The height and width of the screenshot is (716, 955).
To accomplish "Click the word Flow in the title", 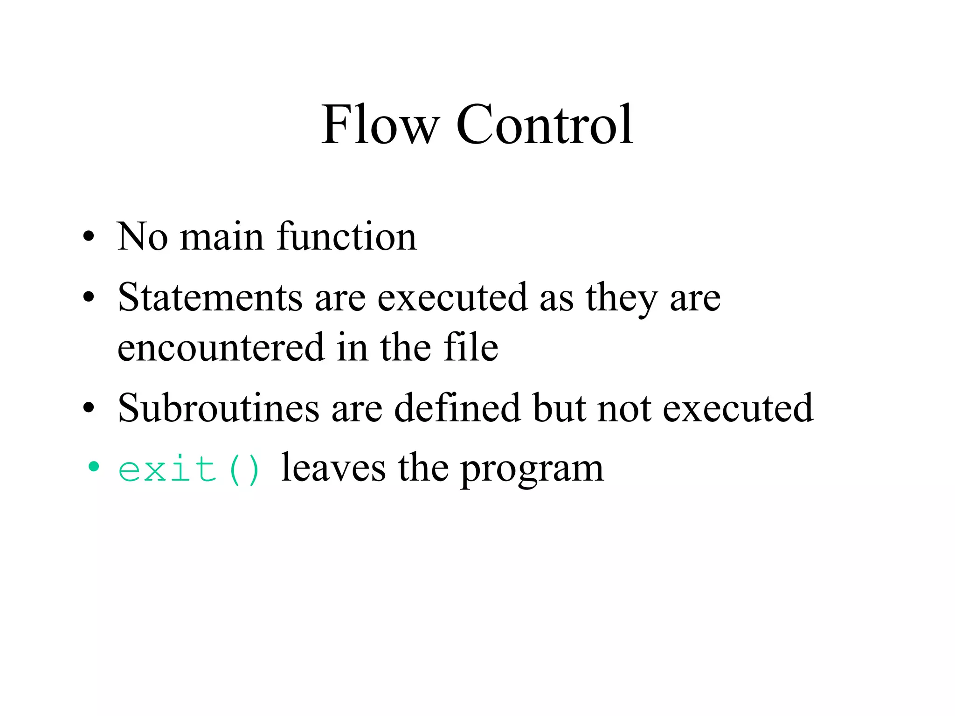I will click(x=380, y=124).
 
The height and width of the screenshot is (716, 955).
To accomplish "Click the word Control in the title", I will click(x=544, y=124).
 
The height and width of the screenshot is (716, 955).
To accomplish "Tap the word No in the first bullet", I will click(x=142, y=237).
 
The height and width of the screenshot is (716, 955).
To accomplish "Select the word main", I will click(x=222, y=237).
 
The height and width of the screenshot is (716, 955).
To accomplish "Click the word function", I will click(x=346, y=237).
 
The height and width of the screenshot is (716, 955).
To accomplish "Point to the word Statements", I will click(x=210, y=298).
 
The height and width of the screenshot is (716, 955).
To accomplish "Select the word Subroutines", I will click(x=218, y=408).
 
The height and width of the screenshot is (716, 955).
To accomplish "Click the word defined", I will click(x=457, y=408).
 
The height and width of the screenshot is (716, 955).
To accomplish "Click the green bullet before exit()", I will click(x=94, y=466).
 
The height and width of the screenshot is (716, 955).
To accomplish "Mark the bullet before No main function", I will click(x=89, y=237).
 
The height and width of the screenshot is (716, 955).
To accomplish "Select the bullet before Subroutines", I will click(x=89, y=408).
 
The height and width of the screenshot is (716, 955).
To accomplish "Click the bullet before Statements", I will click(x=89, y=297).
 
